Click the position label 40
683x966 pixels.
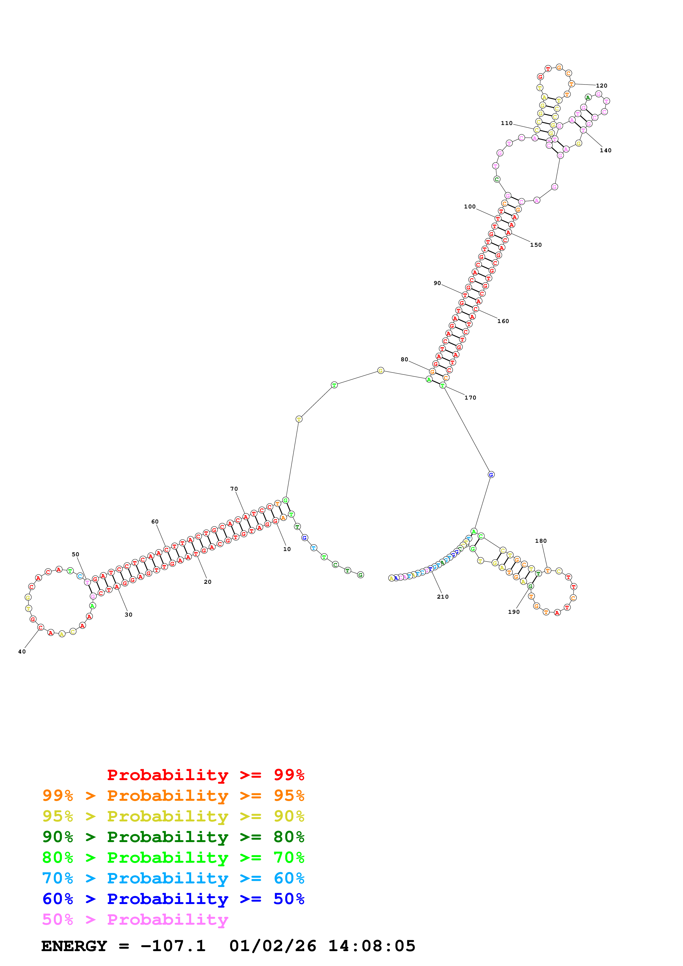[x=22, y=652]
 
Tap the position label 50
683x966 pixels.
[x=75, y=555]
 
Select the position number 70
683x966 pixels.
[x=234, y=489]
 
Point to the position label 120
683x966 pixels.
[x=601, y=86]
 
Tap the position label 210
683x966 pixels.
[x=443, y=597]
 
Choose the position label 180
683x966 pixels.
[x=541, y=541]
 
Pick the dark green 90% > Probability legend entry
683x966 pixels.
[x=173, y=837]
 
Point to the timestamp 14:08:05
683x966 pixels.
[x=372, y=946]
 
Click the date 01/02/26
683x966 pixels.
[x=273, y=946]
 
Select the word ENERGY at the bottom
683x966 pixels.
[x=74, y=946]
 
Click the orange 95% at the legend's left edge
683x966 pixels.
[x=58, y=796]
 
